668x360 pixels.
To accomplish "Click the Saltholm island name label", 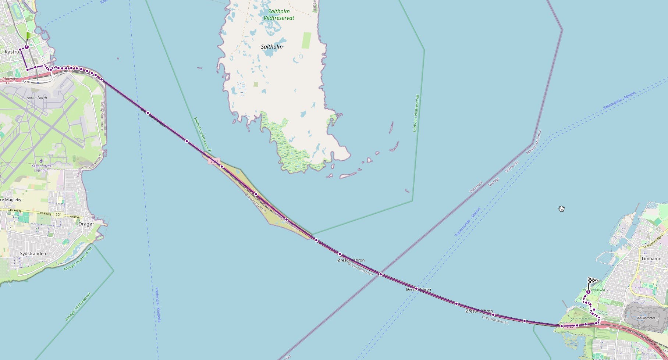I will coord(271,47).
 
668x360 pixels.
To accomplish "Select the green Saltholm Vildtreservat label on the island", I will coord(279,15).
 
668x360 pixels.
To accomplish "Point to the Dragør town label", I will coord(86,224).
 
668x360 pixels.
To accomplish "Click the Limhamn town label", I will coord(651,259).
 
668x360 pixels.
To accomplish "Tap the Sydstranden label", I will coord(33,253).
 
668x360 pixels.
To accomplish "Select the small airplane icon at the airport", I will coord(41,161).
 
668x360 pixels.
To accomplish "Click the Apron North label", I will coord(37,98).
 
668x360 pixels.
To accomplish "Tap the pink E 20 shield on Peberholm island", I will coord(214,161).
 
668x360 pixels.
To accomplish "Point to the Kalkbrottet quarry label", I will coord(646,318).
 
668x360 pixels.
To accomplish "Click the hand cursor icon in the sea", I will coord(562,209).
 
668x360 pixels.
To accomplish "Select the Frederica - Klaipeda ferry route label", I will coord(158,305).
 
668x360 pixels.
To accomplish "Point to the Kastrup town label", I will coord(12,52).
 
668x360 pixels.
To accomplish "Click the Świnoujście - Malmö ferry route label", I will coord(620,101).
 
